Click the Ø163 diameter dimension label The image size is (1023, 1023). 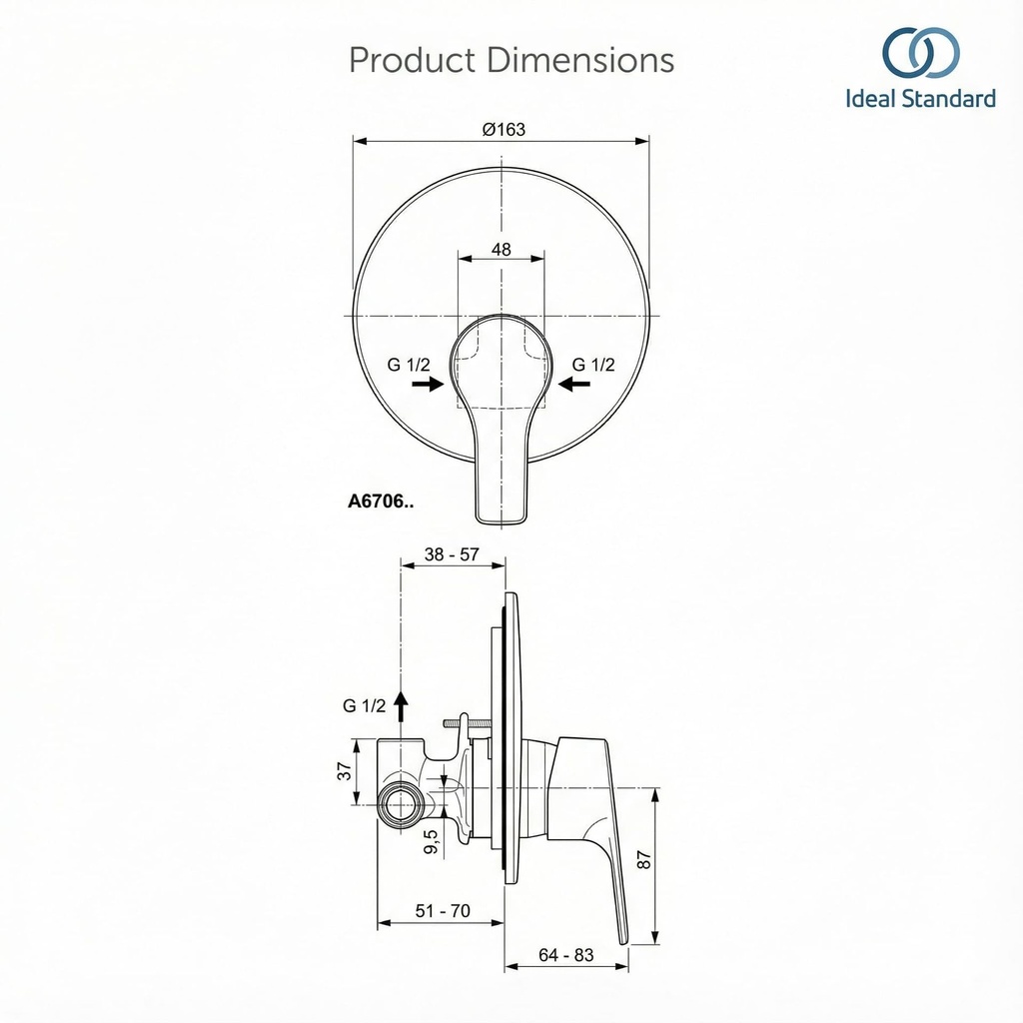[503, 129]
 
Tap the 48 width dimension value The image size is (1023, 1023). [502, 250]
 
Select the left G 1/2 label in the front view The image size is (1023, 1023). [409, 365]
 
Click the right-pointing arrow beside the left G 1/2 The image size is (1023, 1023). [428, 385]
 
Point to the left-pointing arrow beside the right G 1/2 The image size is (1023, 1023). [575, 385]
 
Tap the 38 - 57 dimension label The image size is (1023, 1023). [452, 554]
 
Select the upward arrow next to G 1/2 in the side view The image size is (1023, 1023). [401, 705]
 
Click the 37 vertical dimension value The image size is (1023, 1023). [345, 770]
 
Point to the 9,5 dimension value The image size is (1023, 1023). [432, 842]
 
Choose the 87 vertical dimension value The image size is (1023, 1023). [644, 860]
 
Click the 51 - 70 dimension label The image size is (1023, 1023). [441, 911]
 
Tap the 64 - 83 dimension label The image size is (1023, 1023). [565, 955]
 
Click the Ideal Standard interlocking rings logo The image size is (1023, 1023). [920, 53]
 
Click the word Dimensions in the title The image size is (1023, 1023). [580, 60]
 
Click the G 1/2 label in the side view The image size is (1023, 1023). [365, 705]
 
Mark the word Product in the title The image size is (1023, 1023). [412, 60]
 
